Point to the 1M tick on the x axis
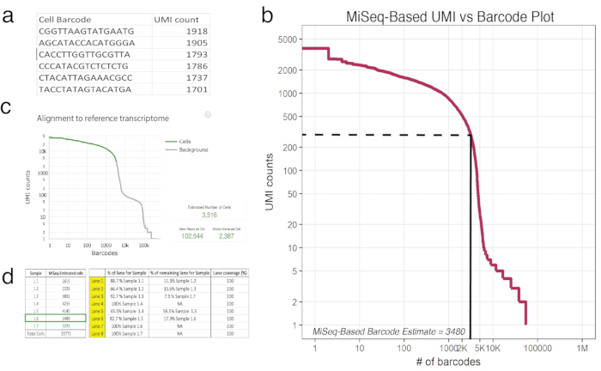[581, 350]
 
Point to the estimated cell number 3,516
[210, 215]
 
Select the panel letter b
[267, 15]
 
